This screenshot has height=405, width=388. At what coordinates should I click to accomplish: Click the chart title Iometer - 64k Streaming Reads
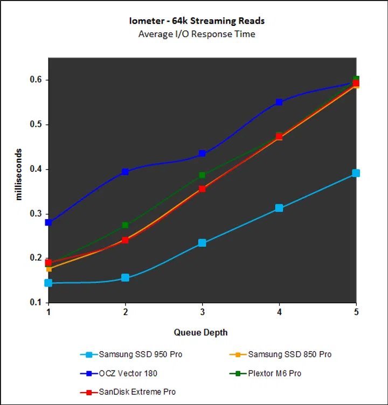pyautogui.click(x=196, y=22)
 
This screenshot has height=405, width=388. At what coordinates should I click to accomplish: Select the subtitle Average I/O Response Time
pyautogui.click(x=196, y=34)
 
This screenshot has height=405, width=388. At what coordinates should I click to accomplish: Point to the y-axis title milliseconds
pyautogui.click(x=19, y=174)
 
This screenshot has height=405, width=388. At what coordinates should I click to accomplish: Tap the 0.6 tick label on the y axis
pyautogui.click(x=35, y=80)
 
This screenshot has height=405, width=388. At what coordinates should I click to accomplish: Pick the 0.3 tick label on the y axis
pyautogui.click(x=35, y=214)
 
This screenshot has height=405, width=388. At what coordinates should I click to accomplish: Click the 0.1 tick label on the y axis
pyautogui.click(x=35, y=303)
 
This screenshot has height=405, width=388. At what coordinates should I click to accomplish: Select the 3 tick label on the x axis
pyautogui.click(x=202, y=313)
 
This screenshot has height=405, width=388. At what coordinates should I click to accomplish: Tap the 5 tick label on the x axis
pyautogui.click(x=356, y=313)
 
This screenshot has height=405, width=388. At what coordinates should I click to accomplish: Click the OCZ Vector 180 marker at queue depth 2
pyautogui.click(x=125, y=172)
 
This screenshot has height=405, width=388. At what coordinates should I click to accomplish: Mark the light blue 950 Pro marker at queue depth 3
pyautogui.click(x=202, y=243)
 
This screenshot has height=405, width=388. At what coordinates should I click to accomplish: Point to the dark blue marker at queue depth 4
pyautogui.click(x=279, y=102)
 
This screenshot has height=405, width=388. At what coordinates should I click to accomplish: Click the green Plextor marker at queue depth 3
pyautogui.click(x=202, y=175)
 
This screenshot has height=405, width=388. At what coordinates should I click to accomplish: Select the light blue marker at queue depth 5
pyautogui.click(x=356, y=173)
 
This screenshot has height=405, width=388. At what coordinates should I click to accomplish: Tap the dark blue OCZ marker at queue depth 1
pyautogui.click(x=48, y=222)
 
